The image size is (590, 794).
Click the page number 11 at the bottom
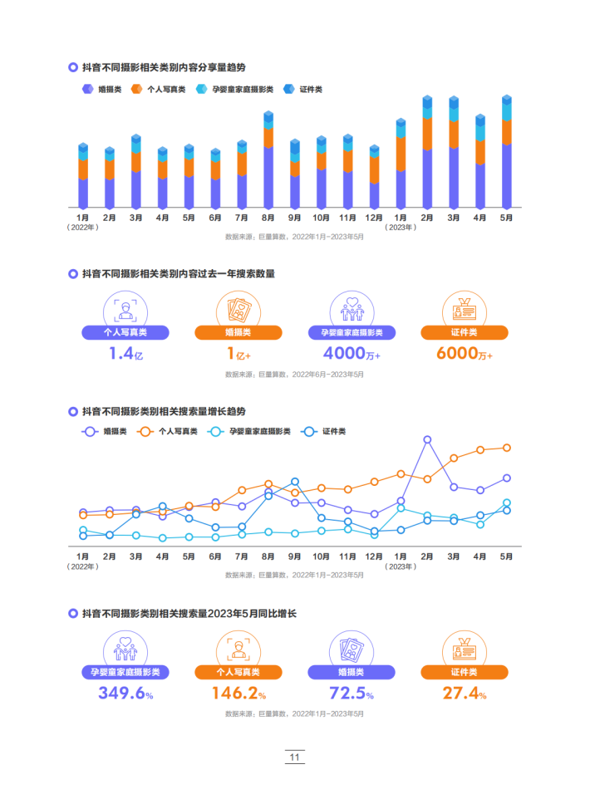(x=295, y=757)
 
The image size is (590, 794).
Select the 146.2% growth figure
(x=238, y=694)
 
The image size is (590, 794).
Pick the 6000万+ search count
(x=464, y=354)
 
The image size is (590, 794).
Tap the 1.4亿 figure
(x=125, y=354)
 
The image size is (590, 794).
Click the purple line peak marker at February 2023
(x=427, y=439)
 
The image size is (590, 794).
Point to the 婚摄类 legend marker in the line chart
(x=89, y=431)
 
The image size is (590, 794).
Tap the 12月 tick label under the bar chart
(x=374, y=218)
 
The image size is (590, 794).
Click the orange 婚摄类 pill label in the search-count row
(x=238, y=333)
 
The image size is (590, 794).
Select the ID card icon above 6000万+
(x=464, y=308)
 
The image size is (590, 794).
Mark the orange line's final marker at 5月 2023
(x=506, y=448)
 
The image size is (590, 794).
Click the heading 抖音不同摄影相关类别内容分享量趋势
(x=164, y=66)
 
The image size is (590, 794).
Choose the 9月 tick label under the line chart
(x=294, y=556)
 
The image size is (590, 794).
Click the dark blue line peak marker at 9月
(x=294, y=482)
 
